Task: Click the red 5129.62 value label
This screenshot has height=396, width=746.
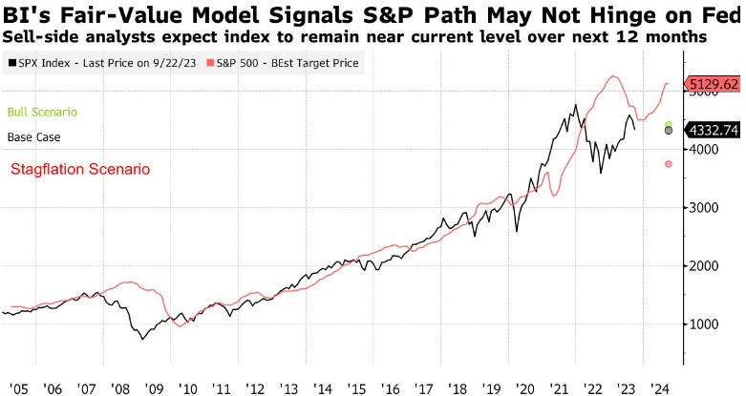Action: coord(714,84)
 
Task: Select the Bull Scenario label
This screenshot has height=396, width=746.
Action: coord(41,112)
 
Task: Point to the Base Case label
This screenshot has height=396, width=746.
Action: coord(33,137)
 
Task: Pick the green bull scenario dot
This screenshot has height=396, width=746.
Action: coord(669,124)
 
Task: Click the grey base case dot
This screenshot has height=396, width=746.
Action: coord(669,131)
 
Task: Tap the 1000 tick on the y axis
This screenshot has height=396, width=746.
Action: coord(704,324)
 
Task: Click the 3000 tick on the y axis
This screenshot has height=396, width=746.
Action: coord(704,207)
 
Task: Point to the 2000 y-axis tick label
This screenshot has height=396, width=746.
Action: coord(704,266)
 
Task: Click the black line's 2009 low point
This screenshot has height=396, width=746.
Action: coord(143,339)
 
